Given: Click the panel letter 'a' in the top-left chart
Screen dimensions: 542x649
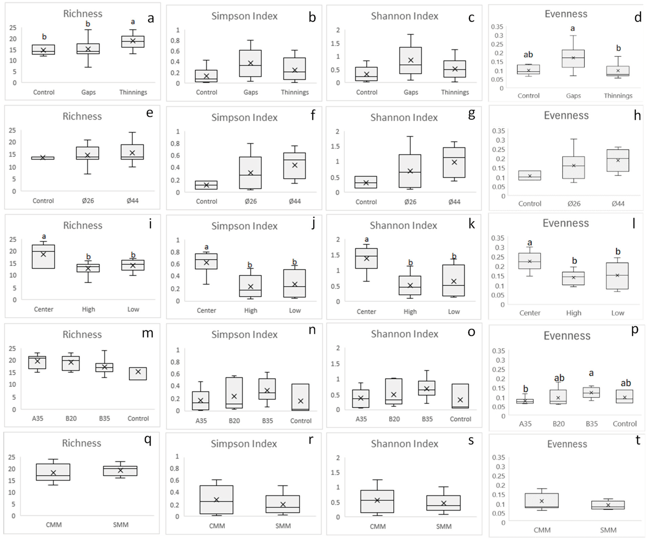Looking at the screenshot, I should click(150, 18).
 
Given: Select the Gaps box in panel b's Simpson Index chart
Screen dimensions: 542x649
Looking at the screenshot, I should click(250, 63).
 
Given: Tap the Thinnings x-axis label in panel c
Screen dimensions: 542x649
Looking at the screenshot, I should click(455, 92).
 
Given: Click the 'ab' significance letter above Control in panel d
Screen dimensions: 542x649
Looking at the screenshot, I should click(528, 55).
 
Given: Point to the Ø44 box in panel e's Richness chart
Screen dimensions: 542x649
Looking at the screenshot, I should click(132, 152).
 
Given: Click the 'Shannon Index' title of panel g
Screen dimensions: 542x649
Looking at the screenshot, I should click(404, 117).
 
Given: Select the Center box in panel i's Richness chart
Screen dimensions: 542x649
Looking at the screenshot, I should click(44, 256).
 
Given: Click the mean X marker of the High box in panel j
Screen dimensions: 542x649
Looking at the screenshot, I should click(251, 286).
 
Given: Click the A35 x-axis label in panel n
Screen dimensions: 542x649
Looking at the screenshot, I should click(201, 421).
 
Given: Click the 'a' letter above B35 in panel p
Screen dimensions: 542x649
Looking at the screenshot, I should click(591, 373).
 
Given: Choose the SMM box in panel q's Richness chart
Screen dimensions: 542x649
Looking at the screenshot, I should click(120, 471).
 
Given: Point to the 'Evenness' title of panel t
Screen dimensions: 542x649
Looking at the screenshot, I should click(567, 444).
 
